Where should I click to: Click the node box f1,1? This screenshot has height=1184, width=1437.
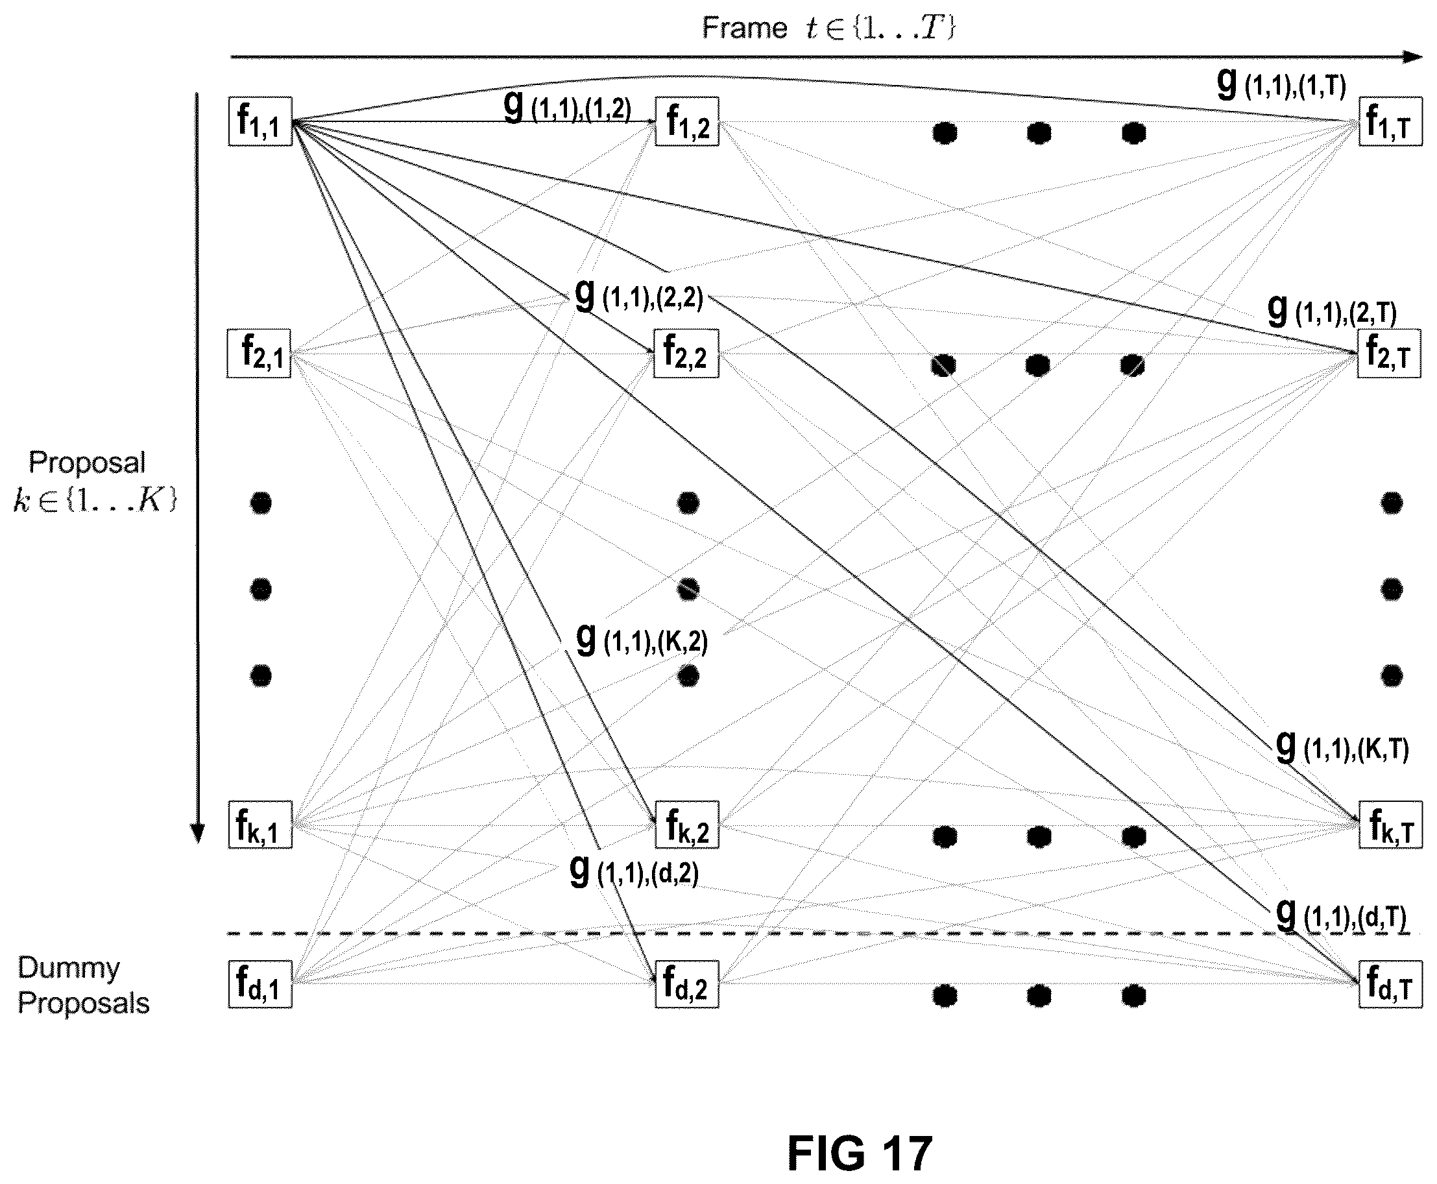260,121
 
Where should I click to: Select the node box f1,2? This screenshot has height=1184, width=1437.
687,121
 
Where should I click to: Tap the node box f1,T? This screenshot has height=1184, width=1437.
1390,121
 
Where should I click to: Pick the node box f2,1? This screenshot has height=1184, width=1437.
259,354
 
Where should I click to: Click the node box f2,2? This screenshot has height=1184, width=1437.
686,354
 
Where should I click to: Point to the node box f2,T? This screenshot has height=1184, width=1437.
1389,354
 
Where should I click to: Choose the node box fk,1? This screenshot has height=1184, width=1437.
260,825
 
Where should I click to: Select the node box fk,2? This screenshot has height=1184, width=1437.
687,825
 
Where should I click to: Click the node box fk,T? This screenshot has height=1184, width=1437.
1390,825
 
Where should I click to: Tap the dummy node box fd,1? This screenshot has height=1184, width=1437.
260,984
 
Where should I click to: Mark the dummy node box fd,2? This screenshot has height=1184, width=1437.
687,984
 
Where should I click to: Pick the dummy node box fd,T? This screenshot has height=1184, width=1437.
1390,984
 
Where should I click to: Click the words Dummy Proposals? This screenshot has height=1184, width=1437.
83,985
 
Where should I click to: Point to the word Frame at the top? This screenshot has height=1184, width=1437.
745,28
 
